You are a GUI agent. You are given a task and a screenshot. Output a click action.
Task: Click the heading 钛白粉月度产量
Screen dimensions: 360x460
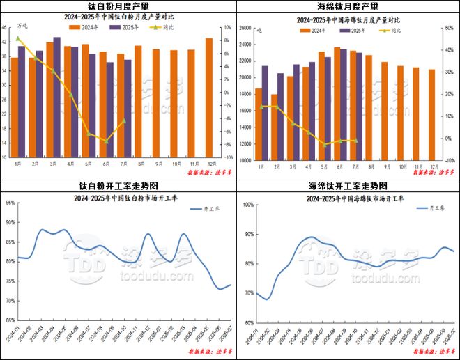[115, 6]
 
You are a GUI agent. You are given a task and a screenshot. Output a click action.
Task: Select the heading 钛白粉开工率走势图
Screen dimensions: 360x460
[115, 186]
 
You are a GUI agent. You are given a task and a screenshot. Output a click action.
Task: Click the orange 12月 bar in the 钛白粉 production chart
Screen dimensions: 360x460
[209, 97]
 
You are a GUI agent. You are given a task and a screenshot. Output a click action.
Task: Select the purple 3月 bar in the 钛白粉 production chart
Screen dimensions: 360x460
[56, 97]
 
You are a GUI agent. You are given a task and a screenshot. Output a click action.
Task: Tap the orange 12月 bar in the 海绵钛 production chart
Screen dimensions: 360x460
[431, 115]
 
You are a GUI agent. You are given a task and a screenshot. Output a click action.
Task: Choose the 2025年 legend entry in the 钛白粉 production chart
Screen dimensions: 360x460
[125, 29]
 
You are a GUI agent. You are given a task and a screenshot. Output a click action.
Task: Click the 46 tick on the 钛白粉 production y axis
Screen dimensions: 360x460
[5, 28]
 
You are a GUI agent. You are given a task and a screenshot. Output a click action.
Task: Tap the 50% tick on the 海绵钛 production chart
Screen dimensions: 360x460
[449, 28]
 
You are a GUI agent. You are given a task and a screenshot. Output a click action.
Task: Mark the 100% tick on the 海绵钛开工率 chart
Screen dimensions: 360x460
[248, 205]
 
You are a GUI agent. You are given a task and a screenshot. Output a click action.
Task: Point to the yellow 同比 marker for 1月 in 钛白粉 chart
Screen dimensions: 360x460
[18, 38]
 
